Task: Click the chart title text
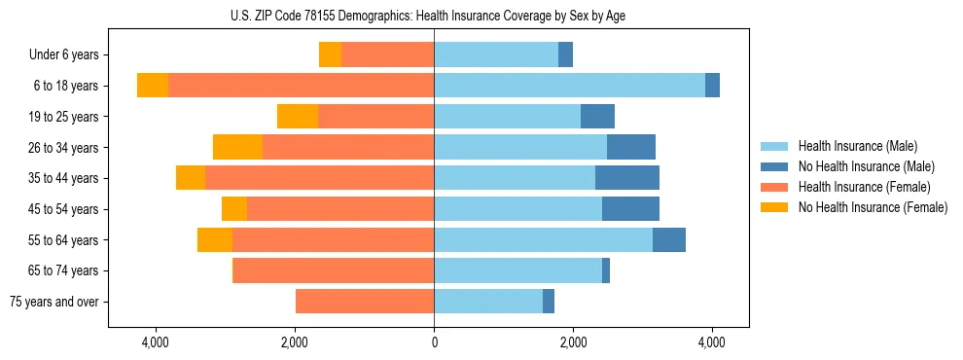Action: (434, 15)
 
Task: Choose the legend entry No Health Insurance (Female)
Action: (873, 207)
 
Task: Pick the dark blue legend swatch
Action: (774, 166)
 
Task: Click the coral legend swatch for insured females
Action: (774, 187)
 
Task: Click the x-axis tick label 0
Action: (434, 342)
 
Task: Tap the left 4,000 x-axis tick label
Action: (156, 342)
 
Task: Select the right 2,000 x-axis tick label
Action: (573, 342)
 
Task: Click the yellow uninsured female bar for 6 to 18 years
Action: (153, 86)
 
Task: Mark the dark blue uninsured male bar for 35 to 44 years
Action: (627, 178)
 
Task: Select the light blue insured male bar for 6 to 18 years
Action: (569, 86)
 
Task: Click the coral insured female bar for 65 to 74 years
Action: (333, 270)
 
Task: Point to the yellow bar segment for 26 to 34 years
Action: (237, 147)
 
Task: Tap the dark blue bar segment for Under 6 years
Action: (565, 55)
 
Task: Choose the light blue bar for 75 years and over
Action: (488, 302)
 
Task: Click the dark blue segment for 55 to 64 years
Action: (669, 239)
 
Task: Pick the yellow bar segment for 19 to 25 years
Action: (298, 117)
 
